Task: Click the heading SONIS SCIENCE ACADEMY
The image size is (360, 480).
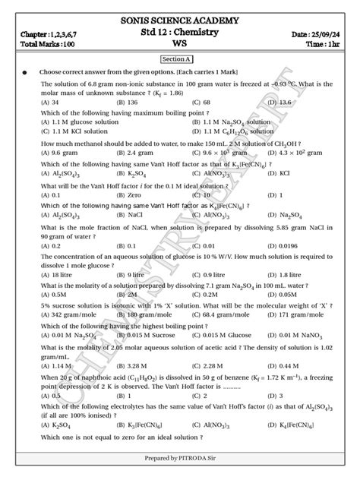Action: pos(180,21)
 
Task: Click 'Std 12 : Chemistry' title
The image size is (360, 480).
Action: pos(180,33)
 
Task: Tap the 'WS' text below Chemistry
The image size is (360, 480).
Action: pos(180,45)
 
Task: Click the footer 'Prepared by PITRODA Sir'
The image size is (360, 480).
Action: pos(179,459)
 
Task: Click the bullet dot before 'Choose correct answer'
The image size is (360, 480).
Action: pos(24,72)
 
